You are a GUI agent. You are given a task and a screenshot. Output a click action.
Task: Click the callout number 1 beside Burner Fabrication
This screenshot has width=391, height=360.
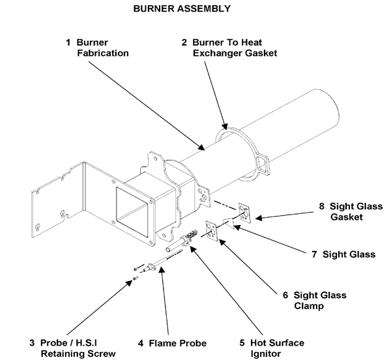coord(68,42)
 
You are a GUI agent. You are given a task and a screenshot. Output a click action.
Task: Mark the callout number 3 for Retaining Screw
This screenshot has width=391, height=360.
coord(32,343)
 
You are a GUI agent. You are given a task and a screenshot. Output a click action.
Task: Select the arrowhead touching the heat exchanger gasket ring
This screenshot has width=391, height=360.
coord(225,125)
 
